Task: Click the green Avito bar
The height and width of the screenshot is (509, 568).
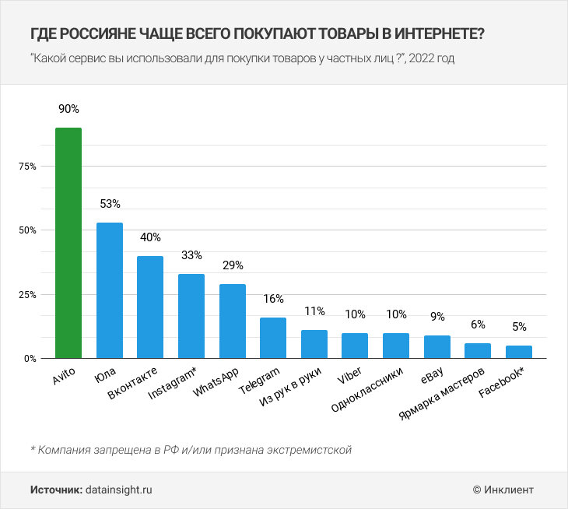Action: click(x=68, y=243)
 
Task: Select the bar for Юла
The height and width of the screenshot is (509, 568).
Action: click(x=110, y=290)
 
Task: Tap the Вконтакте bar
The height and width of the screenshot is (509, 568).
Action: click(x=150, y=307)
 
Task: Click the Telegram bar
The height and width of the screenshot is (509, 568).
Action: click(x=273, y=338)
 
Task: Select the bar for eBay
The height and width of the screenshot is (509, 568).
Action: click(x=437, y=347)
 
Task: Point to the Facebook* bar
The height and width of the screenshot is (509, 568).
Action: click(x=520, y=352)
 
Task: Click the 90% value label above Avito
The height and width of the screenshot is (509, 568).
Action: click(x=68, y=108)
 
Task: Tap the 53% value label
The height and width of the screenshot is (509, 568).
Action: click(x=110, y=204)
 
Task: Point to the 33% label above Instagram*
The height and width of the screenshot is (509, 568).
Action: click(x=191, y=255)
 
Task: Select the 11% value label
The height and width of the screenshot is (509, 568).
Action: click(x=314, y=311)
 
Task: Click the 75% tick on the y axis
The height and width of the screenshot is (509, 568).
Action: click(x=27, y=167)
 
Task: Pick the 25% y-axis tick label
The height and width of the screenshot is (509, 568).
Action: click(x=27, y=295)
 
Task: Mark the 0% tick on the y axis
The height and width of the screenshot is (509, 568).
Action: click(x=29, y=359)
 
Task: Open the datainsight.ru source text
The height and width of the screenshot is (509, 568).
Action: click(x=119, y=490)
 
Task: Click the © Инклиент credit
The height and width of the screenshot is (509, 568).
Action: click(x=503, y=490)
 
